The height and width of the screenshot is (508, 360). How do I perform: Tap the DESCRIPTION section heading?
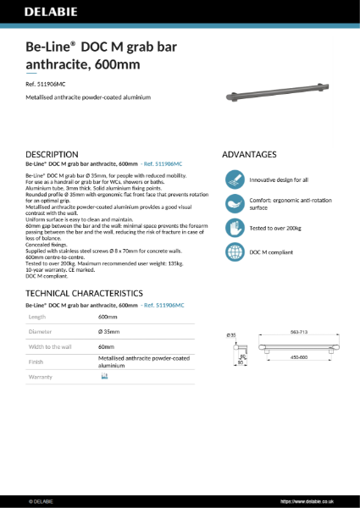pos(53,154)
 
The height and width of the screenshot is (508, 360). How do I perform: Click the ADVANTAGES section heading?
pos(249,154)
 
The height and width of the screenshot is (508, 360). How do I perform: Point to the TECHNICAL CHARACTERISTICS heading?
pos(83,292)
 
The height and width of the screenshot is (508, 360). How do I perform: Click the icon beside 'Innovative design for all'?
pos(235,179)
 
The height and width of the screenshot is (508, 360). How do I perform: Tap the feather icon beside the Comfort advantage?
pos(235,204)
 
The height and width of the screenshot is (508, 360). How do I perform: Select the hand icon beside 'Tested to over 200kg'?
pos(235,228)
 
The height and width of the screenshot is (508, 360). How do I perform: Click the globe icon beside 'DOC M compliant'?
pos(235,251)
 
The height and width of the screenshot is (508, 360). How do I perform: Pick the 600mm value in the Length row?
pos(108,316)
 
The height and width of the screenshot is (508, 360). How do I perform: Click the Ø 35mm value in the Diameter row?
pos(110,331)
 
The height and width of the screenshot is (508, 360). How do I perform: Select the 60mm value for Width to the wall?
pos(106,346)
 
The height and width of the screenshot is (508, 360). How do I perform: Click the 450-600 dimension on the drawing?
pos(296,356)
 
